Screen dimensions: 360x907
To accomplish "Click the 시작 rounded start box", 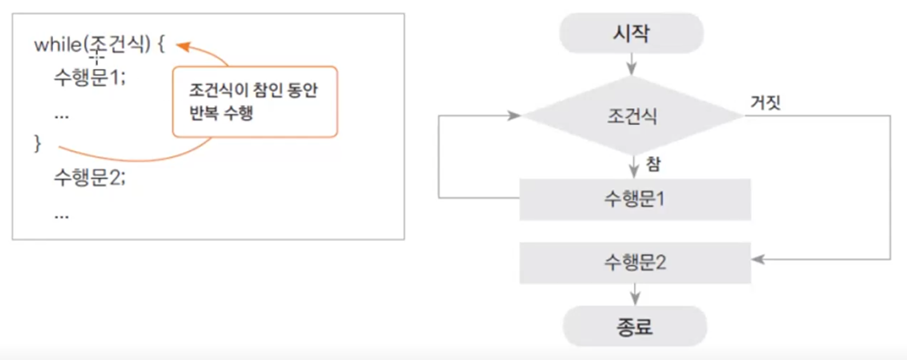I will (x=631, y=34).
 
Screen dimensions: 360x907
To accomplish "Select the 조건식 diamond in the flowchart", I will (x=632, y=116).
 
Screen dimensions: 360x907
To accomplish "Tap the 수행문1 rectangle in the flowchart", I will (x=635, y=199).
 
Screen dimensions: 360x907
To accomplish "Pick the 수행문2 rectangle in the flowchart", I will (x=635, y=263).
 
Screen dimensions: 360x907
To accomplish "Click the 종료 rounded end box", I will (x=634, y=326).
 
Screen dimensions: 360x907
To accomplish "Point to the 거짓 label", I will (x=765, y=102).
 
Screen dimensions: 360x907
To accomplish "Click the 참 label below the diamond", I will (x=653, y=163).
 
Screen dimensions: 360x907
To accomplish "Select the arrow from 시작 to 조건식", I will (x=631, y=64).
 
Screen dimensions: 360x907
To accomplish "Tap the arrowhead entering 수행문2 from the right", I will (x=758, y=259).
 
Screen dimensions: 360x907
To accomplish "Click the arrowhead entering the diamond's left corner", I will (x=514, y=116).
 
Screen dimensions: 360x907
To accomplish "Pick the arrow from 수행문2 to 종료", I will (x=634, y=294).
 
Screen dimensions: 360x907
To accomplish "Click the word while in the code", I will (x=58, y=45).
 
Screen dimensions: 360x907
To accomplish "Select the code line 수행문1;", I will (x=89, y=78).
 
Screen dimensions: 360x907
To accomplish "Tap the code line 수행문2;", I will (x=89, y=177).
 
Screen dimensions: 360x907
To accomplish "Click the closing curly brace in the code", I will (x=37, y=143).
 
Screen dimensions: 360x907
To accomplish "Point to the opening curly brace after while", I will (x=161, y=45).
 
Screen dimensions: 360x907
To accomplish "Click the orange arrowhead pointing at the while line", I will (x=183, y=47).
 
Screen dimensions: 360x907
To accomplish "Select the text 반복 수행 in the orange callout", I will (x=220, y=113).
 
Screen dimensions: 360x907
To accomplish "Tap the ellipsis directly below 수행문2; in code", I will (x=62, y=216).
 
